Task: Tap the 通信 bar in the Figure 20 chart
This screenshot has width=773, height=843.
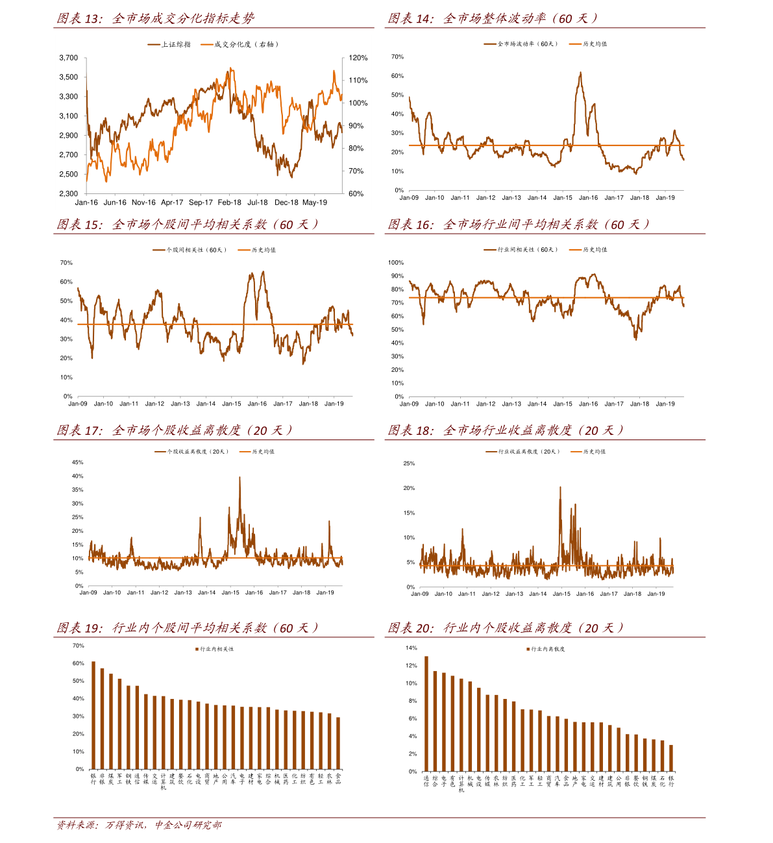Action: point(426,714)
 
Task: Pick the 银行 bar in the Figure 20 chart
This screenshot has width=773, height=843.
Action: point(671,758)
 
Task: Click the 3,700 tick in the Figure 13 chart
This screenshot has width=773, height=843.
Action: point(68,58)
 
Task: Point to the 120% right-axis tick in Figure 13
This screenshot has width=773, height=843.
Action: point(358,58)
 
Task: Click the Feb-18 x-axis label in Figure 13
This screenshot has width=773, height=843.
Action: point(229,202)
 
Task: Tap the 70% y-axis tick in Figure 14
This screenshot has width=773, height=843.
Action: point(397,57)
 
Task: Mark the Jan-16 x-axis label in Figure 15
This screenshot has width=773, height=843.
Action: point(257,404)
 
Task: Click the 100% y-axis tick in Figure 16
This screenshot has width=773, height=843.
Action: point(396,263)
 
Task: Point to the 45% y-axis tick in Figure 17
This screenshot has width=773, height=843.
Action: point(77,463)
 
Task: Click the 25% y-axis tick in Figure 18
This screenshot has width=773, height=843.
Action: point(409,463)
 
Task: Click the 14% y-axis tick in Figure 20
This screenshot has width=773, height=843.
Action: point(411,648)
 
